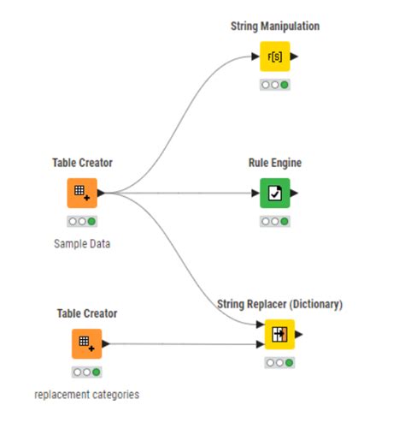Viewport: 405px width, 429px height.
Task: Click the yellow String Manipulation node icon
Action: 274,58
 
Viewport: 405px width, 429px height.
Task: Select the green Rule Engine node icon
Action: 274,194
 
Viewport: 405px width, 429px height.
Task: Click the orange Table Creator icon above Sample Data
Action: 83,194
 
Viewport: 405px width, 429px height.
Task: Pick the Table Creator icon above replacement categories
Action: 86,344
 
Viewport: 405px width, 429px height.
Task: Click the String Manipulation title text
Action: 274,27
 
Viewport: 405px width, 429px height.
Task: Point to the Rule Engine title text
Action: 274,163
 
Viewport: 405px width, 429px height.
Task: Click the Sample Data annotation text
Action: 83,243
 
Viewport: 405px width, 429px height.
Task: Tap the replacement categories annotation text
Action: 86,394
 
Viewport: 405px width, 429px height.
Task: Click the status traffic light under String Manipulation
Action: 274,85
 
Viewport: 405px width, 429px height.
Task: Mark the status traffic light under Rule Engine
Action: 274,221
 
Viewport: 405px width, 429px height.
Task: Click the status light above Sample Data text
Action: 83,221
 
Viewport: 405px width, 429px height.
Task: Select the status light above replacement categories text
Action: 86,372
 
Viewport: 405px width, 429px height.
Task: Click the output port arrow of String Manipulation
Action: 295,58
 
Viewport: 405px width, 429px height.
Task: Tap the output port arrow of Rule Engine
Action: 295,194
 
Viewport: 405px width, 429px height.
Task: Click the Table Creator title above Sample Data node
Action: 83,163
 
